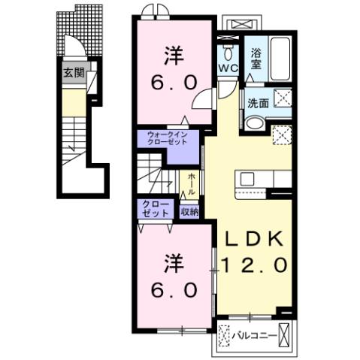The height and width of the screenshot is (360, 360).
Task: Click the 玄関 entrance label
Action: (x=73, y=74)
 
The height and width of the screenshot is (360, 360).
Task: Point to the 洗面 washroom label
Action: (x=258, y=103)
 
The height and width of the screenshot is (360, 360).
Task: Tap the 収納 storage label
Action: (x=190, y=211)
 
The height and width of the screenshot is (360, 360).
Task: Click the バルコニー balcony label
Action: (x=254, y=334)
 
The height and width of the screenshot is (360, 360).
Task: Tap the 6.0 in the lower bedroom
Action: (x=174, y=289)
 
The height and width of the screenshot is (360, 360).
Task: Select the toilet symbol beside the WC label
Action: (x=228, y=53)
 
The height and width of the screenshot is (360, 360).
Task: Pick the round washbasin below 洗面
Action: (x=256, y=125)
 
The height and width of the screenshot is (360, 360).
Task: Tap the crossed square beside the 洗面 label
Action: (x=282, y=98)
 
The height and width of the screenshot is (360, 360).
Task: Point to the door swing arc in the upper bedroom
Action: (x=202, y=101)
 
